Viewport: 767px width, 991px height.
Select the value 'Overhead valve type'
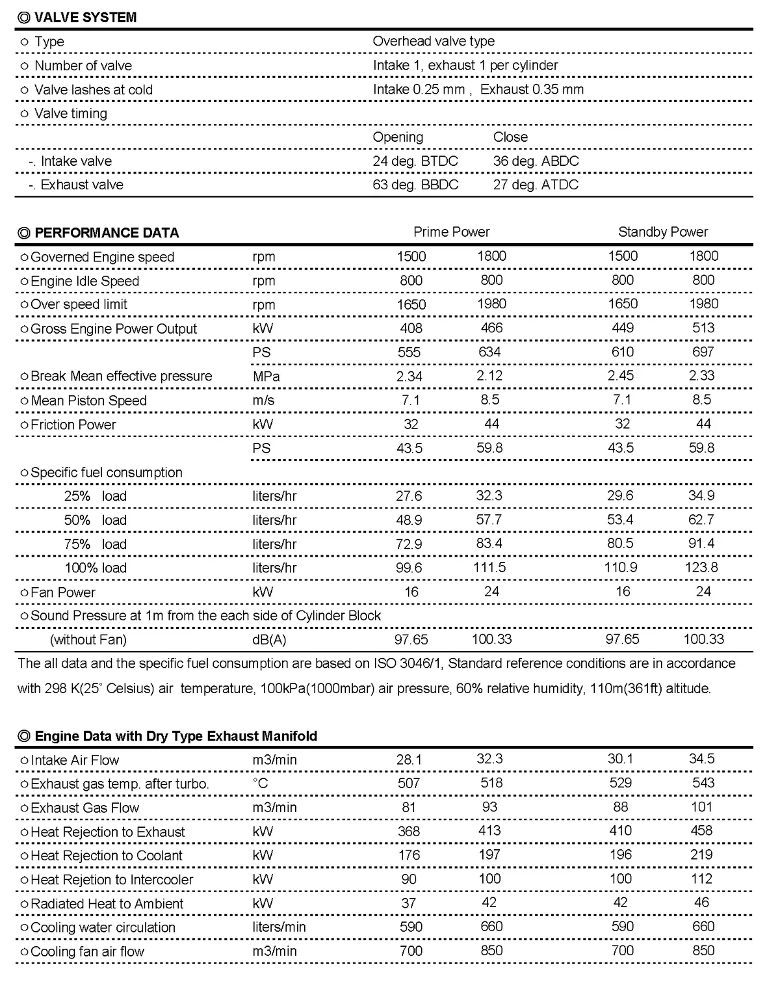[x=434, y=41]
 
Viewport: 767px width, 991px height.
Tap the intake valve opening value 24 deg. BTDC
[x=415, y=161]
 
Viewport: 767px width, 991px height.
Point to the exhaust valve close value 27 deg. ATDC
[x=536, y=185]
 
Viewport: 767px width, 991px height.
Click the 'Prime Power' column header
[x=451, y=232]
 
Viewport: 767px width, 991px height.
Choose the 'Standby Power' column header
[x=663, y=232]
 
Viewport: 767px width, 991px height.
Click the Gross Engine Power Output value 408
[x=411, y=328]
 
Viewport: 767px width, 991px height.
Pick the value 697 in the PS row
[x=703, y=352]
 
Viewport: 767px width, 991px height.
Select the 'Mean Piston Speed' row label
[x=88, y=401]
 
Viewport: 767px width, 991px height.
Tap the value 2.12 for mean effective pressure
[x=489, y=376]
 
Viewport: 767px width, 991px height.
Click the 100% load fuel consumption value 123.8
[x=701, y=568]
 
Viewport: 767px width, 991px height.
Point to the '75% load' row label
[x=95, y=544]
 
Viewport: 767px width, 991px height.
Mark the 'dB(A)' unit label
[x=269, y=640]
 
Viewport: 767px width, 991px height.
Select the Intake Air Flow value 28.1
[x=409, y=760]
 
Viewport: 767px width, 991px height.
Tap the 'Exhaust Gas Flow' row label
[x=84, y=808]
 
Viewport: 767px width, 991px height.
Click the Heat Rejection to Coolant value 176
[x=409, y=856]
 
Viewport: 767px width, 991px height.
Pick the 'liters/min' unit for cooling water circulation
[x=279, y=927]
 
